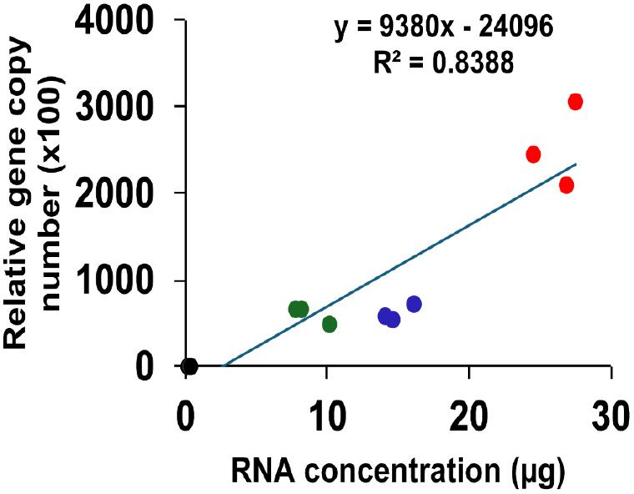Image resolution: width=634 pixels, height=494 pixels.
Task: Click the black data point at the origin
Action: click(189, 365)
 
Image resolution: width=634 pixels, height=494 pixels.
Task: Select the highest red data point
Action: click(575, 102)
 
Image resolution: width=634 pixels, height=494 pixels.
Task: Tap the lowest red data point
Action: click(566, 185)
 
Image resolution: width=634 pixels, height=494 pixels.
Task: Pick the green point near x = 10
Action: click(330, 324)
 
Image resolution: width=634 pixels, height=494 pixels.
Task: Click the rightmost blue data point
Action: click(414, 304)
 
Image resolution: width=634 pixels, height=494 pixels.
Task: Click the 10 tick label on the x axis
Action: click(327, 415)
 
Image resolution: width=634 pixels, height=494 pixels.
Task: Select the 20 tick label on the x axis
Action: click(469, 415)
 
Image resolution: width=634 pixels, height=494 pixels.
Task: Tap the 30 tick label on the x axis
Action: click(611, 415)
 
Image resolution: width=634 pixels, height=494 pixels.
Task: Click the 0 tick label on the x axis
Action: click(186, 415)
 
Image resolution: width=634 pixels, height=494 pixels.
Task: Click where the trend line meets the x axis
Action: click(223, 365)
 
